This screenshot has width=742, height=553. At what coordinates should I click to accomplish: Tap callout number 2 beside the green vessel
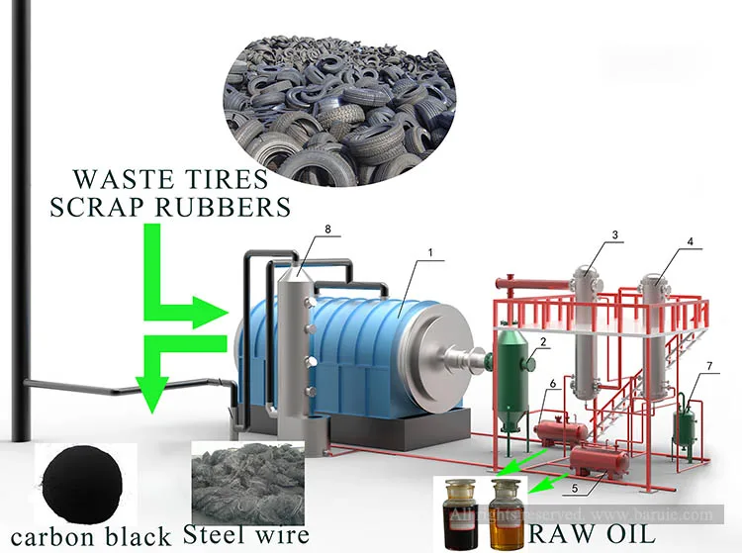tap(543, 341)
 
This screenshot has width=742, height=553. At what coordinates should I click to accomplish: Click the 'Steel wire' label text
tap(251, 533)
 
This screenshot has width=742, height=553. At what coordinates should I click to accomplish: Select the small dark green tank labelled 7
tap(683, 426)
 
